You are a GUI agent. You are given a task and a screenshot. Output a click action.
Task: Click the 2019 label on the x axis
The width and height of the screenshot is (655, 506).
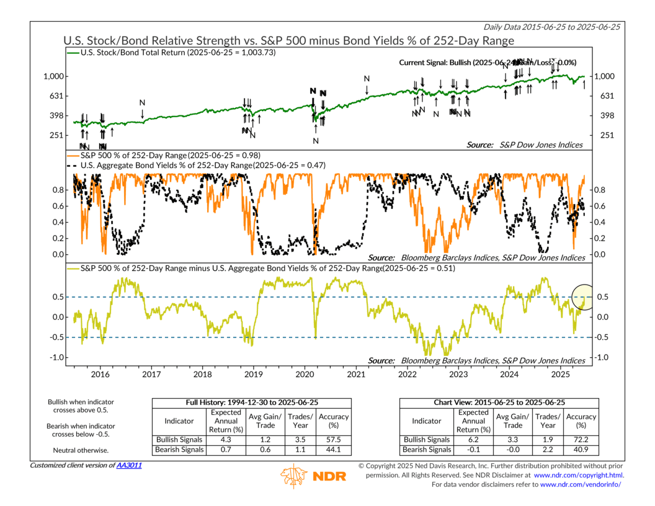[x=254, y=375]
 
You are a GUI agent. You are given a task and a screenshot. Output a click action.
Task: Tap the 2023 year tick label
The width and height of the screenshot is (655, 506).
[x=458, y=375]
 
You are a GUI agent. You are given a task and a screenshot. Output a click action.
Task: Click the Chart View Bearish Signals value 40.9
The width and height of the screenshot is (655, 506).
[x=581, y=449]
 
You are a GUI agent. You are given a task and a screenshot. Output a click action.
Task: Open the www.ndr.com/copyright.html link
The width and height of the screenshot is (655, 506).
[x=578, y=474]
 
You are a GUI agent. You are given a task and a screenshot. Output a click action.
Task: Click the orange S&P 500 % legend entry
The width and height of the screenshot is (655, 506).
[x=164, y=154]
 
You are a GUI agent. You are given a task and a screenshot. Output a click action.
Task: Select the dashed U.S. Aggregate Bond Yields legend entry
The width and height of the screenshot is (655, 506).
[x=195, y=165]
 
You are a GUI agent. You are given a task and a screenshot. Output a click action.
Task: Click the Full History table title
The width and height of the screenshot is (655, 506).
[x=252, y=402]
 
